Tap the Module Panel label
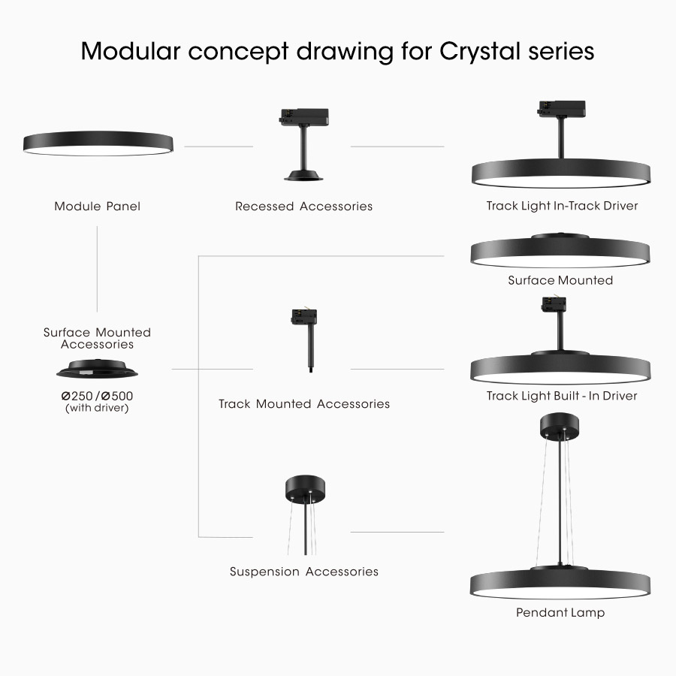pos(97,206)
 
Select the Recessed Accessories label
pos(303,206)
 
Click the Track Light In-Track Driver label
pos(562,205)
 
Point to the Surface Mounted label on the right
pos(560,280)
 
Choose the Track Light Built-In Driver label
pos(562,396)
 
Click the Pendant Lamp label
pos(560,612)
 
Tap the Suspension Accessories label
pos(303,572)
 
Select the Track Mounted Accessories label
pos(303,404)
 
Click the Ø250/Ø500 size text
pos(97,396)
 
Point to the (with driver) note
pos(97,409)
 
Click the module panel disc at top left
pos(98,143)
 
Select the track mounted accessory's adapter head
pos(303,316)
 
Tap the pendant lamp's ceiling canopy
pos(560,427)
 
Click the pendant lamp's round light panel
pos(560,584)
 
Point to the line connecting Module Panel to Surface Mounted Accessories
pos(97,269)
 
